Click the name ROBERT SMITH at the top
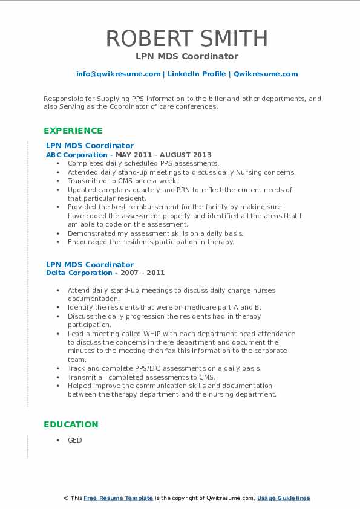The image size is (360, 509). point(186,39)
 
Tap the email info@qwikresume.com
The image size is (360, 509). point(118,74)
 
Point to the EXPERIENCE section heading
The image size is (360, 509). point(73,131)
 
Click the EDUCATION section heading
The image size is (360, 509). point(70,424)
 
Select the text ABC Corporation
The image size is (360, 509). point(68,155)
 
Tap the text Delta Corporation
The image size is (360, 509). point(71,273)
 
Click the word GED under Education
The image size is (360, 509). point(74,440)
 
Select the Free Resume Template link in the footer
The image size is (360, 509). point(119,498)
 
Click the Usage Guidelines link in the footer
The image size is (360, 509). point(283,498)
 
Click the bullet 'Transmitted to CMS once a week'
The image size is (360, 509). point(123,181)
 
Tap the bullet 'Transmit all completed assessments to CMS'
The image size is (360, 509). point(142,377)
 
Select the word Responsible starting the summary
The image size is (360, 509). point(63,98)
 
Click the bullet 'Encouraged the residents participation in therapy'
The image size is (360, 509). point(151,242)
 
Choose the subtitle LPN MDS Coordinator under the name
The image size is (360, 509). point(186,56)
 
